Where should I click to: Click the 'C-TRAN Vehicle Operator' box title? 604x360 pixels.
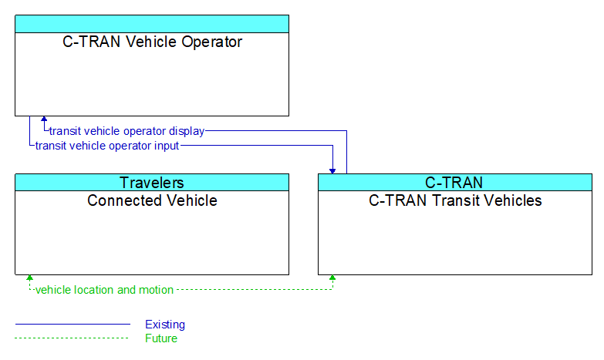152,42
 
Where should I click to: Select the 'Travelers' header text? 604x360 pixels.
152,183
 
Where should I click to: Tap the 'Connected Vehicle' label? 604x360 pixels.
152,200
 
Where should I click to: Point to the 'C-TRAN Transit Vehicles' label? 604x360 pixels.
455,200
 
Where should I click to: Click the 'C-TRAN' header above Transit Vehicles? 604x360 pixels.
454,183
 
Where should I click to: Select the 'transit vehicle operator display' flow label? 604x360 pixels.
127,131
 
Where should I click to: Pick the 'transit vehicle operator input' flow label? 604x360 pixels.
107,146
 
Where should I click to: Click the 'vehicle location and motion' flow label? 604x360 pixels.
104,290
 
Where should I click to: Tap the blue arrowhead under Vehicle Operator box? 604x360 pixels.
44,119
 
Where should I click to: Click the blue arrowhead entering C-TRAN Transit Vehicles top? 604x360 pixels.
332,171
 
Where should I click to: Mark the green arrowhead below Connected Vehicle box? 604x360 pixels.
29,278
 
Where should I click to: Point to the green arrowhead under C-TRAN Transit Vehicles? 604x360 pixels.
332,278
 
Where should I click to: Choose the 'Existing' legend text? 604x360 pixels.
165,325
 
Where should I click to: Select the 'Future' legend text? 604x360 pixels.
161,338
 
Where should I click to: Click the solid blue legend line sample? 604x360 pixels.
73,325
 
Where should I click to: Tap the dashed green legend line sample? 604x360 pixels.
72,338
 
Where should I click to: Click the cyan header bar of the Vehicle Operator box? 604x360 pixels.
152,24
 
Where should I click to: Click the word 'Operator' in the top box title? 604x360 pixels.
212,42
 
